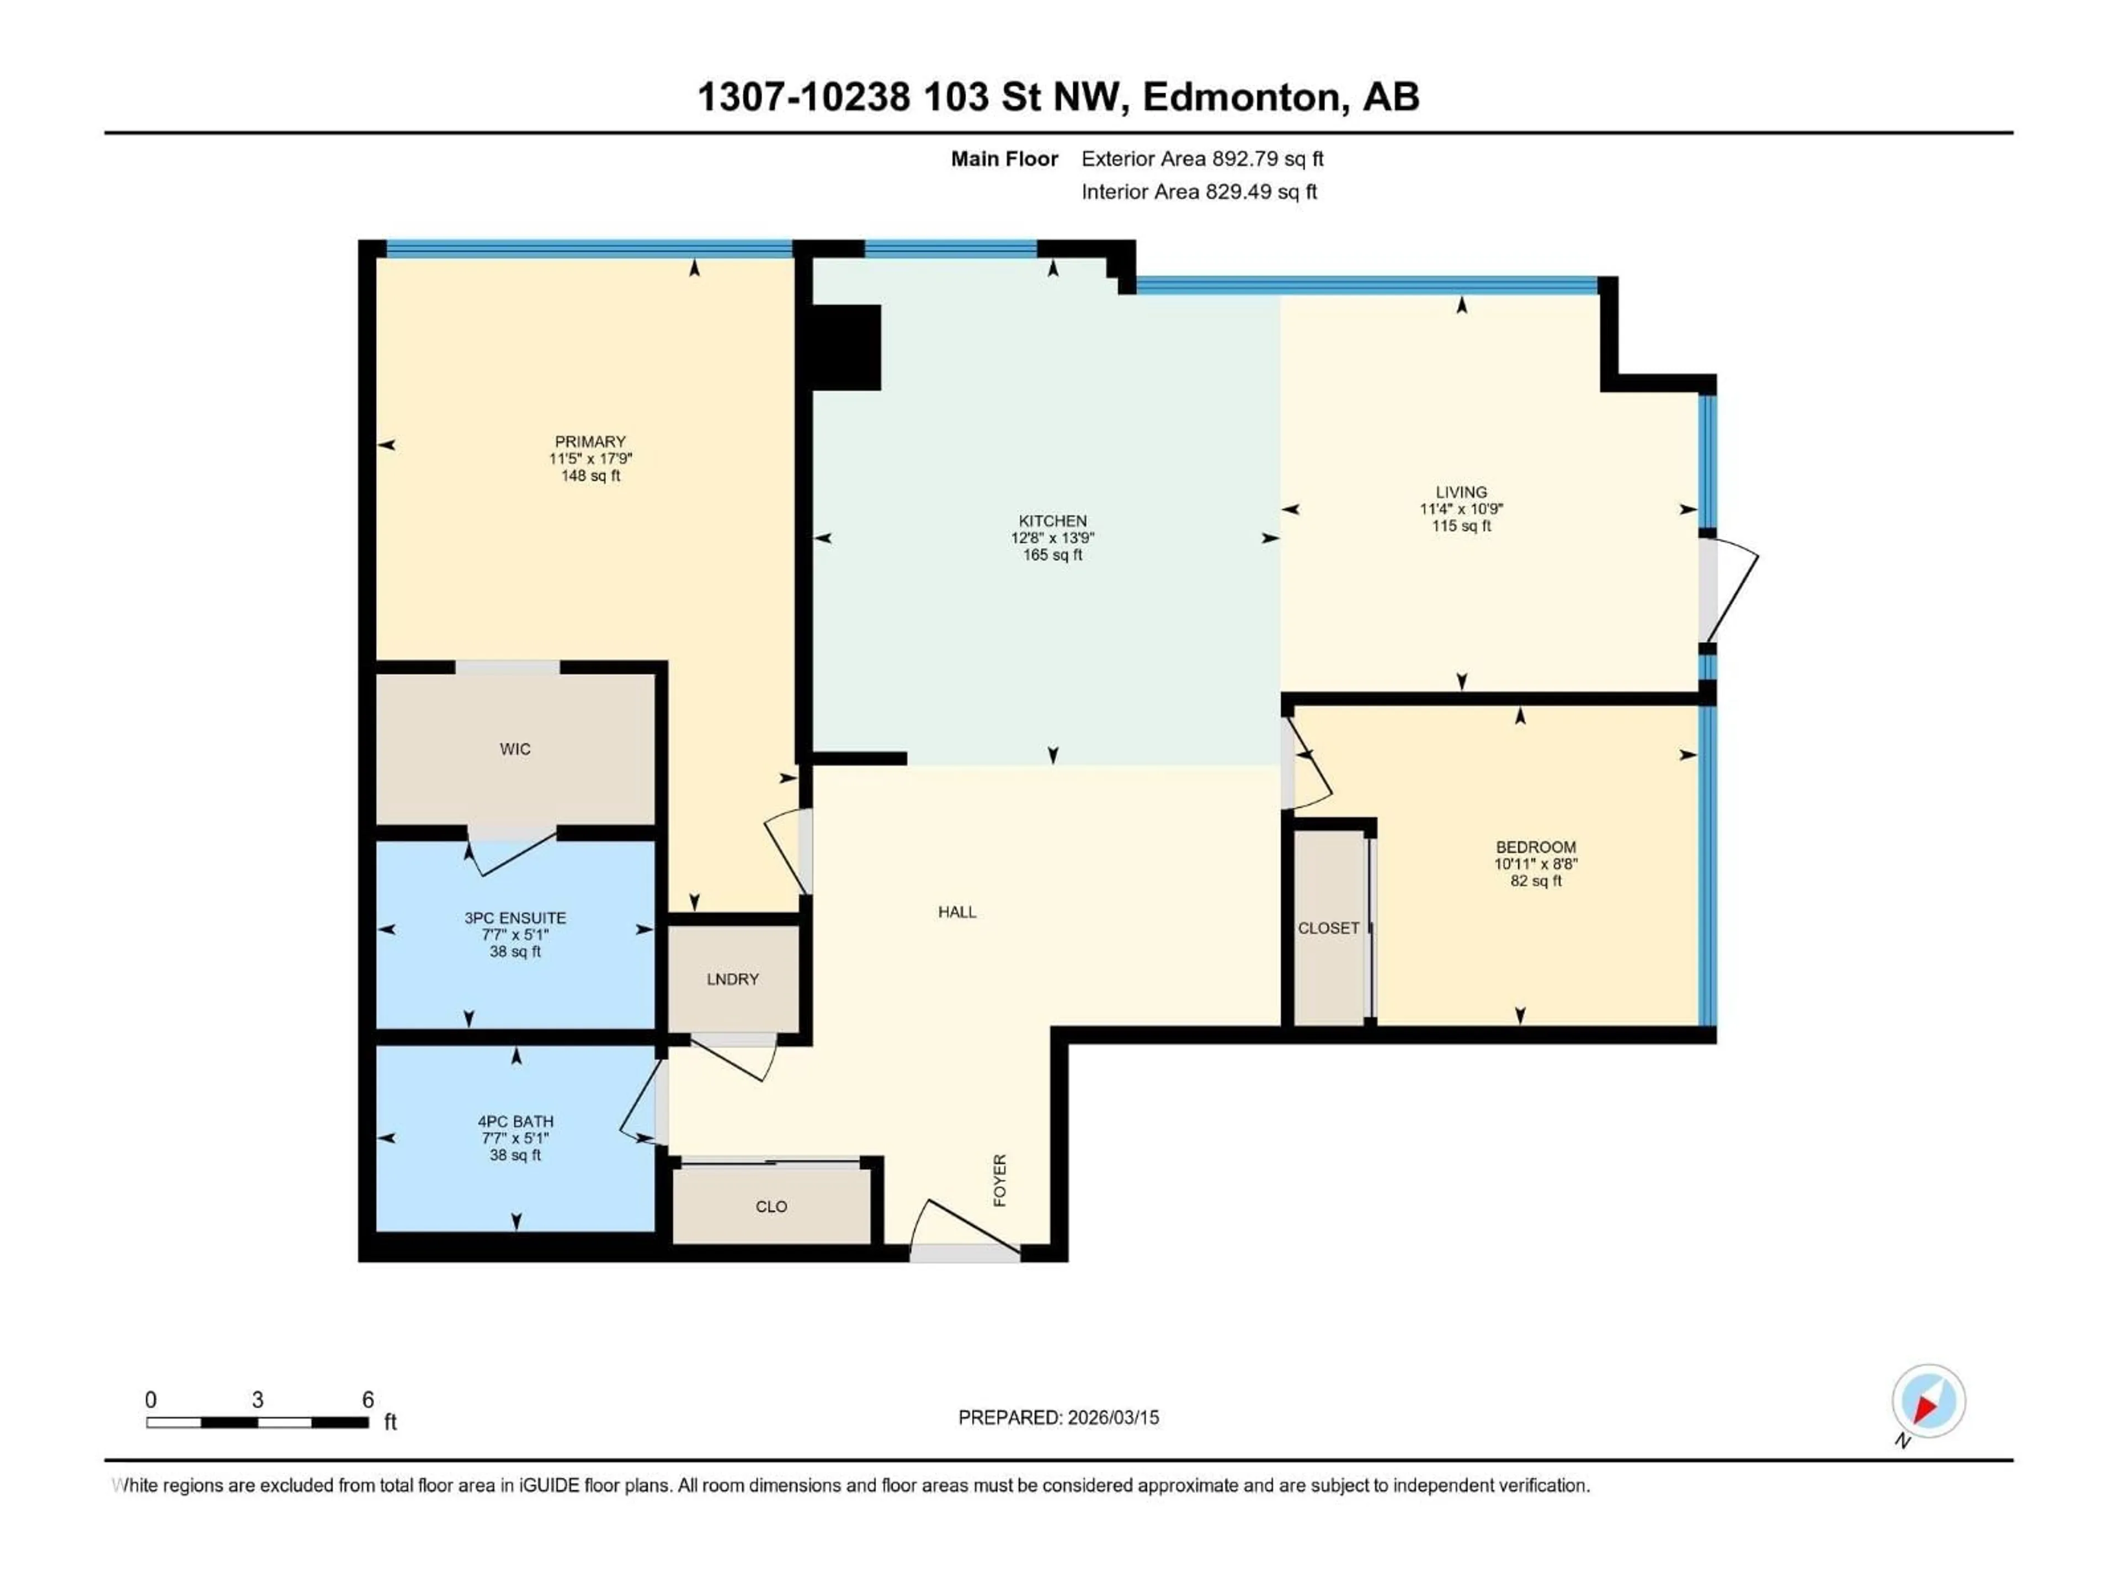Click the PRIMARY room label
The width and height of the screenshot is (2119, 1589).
(x=590, y=441)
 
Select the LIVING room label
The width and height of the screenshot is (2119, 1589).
(x=1461, y=492)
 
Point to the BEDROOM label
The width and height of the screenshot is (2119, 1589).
(x=1536, y=847)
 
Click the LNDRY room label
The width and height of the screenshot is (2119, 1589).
(x=733, y=979)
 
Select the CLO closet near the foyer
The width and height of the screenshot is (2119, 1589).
(x=771, y=1207)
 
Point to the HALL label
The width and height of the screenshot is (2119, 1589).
(x=957, y=912)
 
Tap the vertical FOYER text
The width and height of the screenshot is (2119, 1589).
(x=1000, y=1180)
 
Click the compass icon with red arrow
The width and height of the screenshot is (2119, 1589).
(x=1929, y=1401)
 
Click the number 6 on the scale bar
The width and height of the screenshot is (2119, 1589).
(x=368, y=1399)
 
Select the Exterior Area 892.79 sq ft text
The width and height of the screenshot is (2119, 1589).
(x=1202, y=159)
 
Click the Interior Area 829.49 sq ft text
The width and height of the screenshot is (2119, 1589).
(x=1199, y=191)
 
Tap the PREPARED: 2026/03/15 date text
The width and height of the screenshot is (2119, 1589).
(x=1058, y=1417)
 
